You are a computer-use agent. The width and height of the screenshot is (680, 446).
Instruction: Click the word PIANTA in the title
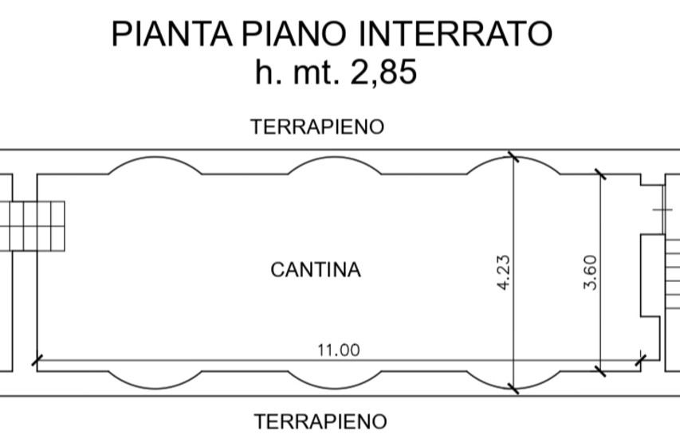(171, 33)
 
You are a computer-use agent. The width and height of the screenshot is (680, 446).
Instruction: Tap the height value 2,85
(383, 72)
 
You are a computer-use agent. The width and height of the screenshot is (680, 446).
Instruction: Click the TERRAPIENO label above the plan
(317, 127)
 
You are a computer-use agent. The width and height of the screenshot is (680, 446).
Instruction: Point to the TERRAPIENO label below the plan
(320, 422)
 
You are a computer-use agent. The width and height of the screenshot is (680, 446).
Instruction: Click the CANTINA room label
(316, 270)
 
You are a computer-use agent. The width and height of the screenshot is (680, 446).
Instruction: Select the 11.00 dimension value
(339, 350)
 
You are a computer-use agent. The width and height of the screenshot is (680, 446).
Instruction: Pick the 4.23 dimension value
(504, 272)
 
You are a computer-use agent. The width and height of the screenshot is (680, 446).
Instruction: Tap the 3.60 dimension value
(591, 272)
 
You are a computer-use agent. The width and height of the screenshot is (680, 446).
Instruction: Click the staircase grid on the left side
(32, 226)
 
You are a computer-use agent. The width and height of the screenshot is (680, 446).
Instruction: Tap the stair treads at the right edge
(672, 273)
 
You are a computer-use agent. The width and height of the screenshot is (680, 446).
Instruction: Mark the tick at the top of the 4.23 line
(513, 157)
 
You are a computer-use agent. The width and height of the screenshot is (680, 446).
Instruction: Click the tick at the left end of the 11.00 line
(37, 360)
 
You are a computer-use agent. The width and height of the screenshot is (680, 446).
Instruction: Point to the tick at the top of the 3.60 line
(600, 174)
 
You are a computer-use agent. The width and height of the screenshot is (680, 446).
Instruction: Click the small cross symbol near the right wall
(662, 210)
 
